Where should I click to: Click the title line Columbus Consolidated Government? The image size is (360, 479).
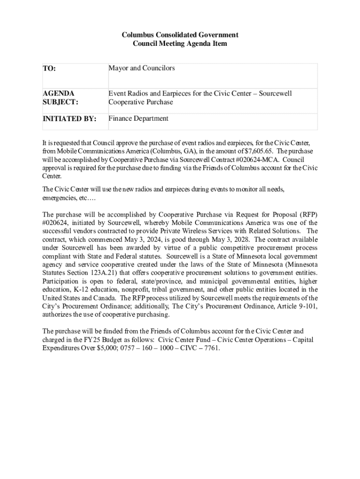(180, 35)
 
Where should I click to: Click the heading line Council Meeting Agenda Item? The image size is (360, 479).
(180, 44)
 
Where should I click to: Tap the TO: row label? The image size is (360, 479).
(49, 69)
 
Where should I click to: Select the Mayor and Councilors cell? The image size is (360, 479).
(142, 68)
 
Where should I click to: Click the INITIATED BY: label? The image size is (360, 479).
(69, 119)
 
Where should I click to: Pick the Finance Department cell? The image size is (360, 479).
(138, 118)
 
